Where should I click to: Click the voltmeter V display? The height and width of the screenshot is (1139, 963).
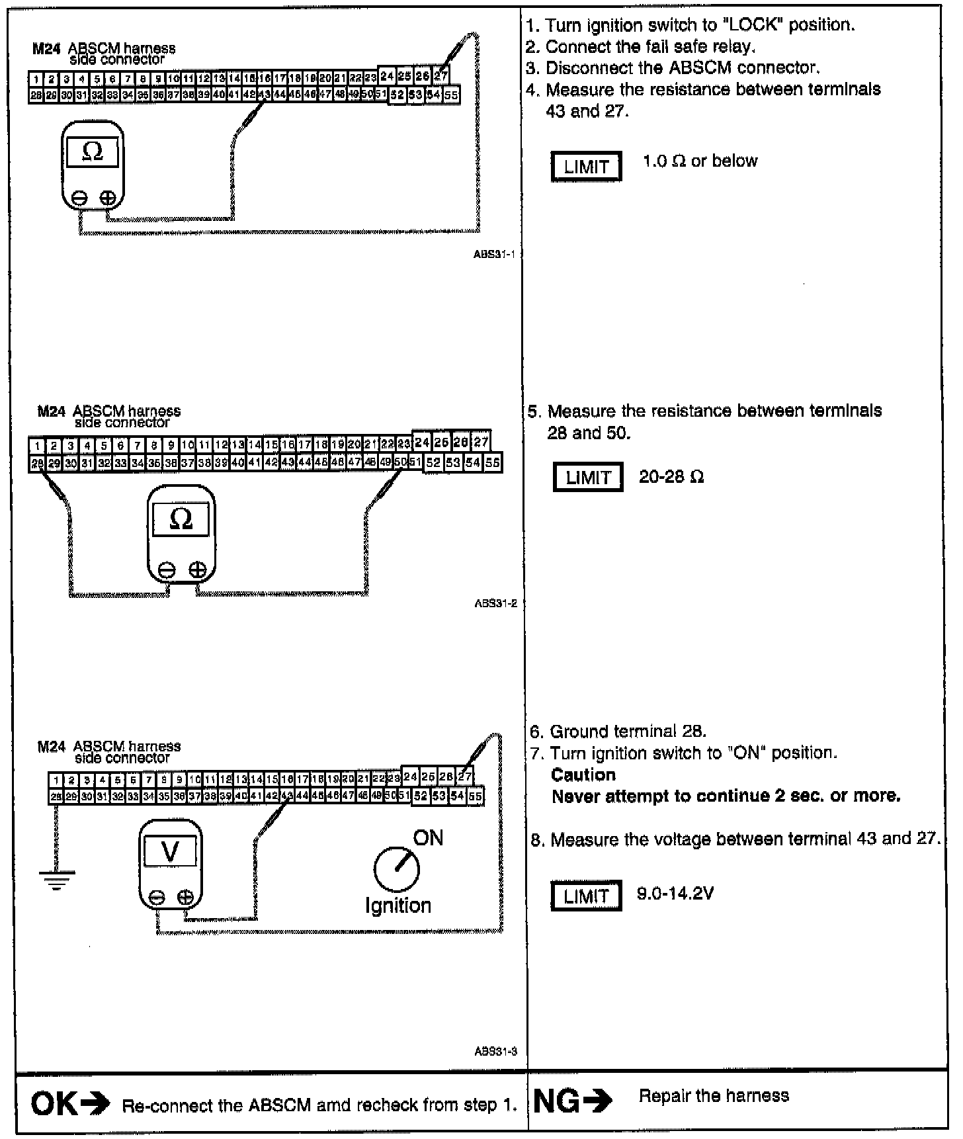coord(170,851)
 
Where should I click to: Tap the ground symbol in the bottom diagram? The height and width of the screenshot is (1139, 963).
coord(57,879)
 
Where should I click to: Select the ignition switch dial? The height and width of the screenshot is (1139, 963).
coord(397,870)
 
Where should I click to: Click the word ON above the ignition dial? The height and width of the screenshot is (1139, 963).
coord(428,838)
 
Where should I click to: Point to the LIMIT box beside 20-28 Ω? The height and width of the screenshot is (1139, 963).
coord(588,478)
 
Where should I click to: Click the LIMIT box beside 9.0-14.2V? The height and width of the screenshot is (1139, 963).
coord(586,896)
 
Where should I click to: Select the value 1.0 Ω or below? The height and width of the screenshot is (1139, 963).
coord(700,161)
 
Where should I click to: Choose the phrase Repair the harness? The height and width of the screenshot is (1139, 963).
coord(714,1096)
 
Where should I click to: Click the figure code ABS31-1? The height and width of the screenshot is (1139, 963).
coord(495,254)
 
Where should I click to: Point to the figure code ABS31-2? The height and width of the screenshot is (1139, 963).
coord(495,603)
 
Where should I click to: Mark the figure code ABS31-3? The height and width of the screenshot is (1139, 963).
coord(495,1051)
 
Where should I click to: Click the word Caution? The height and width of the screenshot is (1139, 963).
coord(583,775)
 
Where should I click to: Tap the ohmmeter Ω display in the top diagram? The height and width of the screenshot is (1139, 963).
coord(93,152)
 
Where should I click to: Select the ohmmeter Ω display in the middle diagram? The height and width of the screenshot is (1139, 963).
coord(181,520)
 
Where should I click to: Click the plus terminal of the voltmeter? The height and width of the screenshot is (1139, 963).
coord(186,898)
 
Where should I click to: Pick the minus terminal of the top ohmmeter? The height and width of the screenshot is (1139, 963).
coord(79,197)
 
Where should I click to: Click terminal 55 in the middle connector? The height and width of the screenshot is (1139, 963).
coord(493,463)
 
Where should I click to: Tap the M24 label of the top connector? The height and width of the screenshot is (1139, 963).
coord(46,48)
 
